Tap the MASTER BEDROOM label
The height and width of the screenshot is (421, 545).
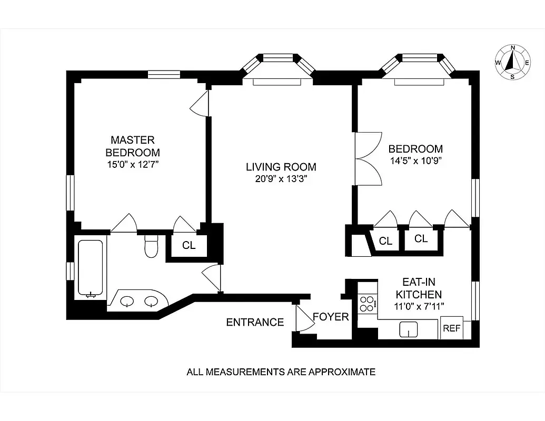(x=133, y=146)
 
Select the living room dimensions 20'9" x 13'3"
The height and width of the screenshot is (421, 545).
(x=281, y=179)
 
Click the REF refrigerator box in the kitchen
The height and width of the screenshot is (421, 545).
(x=451, y=328)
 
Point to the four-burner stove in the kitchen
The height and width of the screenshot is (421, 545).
(x=367, y=304)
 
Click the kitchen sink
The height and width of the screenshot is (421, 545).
(x=409, y=330)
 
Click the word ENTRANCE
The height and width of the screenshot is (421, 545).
(x=255, y=322)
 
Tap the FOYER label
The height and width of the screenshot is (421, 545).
(x=331, y=317)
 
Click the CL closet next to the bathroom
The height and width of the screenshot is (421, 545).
(x=189, y=245)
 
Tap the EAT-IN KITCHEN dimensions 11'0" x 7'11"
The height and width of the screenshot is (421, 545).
(x=418, y=306)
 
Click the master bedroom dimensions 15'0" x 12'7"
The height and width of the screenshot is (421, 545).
(x=133, y=164)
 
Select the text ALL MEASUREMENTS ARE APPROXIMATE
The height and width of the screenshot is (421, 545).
(x=281, y=372)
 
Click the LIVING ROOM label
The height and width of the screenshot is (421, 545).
(x=281, y=167)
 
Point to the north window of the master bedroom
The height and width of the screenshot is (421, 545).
(x=164, y=75)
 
